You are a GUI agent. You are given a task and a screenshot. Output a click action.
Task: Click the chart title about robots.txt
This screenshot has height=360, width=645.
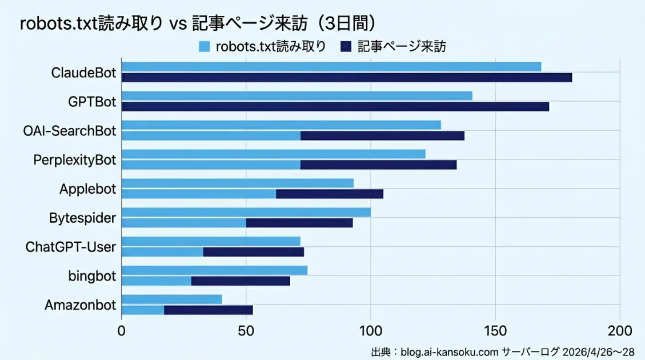point(198,23)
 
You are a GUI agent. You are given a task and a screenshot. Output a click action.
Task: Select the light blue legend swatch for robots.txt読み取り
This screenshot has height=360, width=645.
point(204,46)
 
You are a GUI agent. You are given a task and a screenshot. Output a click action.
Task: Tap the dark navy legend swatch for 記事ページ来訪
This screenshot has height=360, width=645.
point(344,46)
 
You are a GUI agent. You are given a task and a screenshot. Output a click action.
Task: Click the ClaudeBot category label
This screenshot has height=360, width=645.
point(83,73)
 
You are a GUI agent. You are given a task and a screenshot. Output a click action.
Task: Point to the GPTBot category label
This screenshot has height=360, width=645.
point(92,102)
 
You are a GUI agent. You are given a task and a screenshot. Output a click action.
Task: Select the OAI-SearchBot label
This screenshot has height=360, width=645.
point(70,131)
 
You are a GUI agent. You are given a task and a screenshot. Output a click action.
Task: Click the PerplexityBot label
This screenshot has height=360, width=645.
point(75,160)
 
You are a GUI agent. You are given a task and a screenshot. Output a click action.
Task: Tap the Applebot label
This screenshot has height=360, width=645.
point(87,189)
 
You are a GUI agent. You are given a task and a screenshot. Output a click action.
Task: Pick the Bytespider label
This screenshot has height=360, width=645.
point(83,218)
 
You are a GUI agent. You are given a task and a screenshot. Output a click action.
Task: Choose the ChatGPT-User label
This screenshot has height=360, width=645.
point(71,247)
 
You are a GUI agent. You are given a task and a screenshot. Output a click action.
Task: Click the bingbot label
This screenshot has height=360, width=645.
point(92,276)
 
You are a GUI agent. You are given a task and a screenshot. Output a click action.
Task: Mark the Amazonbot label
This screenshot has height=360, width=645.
point(80,305)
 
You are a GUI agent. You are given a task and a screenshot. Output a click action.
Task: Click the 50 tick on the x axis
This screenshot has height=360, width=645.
point(246,330)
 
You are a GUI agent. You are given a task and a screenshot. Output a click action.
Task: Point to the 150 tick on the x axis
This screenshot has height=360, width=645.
point(495,330)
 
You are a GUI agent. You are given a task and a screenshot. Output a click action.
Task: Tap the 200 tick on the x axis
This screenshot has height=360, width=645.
point(619,330)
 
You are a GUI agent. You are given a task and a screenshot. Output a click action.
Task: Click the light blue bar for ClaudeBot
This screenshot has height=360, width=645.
point(331,67)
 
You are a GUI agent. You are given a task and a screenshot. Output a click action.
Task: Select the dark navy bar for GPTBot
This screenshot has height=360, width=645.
point(335,106)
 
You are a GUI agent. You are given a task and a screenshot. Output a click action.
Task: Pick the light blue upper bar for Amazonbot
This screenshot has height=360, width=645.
point(172,299)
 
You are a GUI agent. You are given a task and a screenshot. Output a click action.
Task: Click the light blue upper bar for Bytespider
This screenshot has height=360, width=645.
point(246,213)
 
